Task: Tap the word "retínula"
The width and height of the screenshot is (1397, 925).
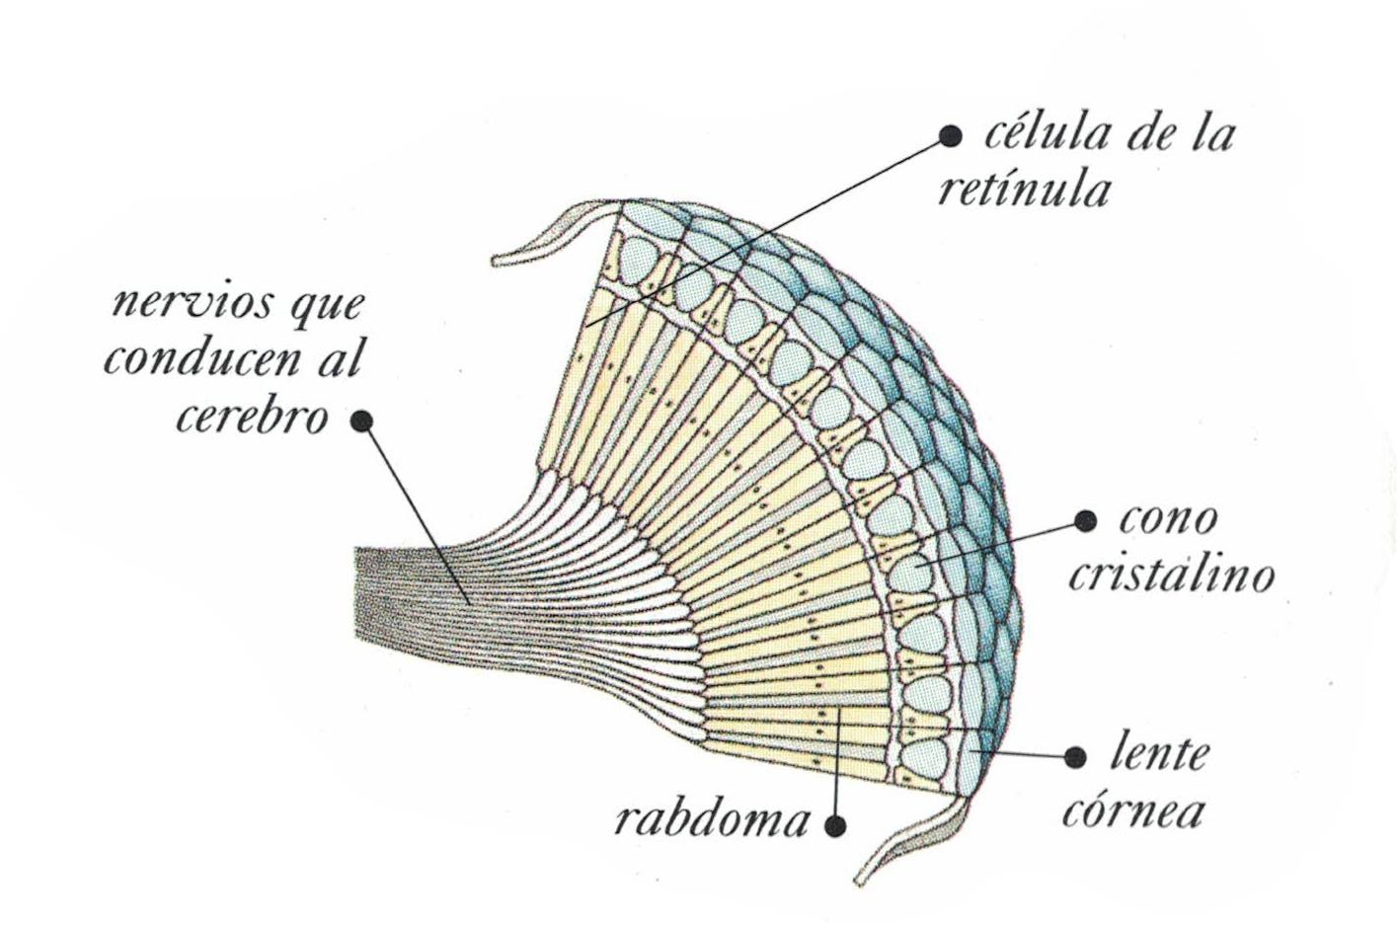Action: click(x=1023, y=189)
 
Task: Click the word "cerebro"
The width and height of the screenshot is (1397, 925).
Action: click(x=252, y=418)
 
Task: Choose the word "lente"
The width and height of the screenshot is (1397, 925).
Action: click(x=1159, y=754)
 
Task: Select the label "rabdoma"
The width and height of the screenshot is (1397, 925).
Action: click(x=712, y=819)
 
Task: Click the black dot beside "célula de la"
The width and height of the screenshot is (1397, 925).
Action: click(x=950, y=136)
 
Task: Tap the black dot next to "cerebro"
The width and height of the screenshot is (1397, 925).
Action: click(x=361, y=421)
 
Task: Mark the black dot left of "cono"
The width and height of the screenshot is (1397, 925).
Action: click(x=1085, y=520)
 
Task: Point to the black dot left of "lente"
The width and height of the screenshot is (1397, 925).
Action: click(x=1076, y=757)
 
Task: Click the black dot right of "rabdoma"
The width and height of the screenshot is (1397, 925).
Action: click(x=836, y=823)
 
